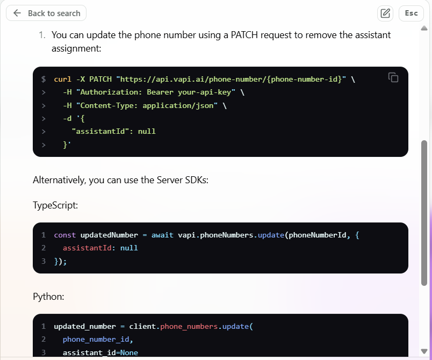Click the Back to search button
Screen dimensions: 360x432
[x=46, y=13]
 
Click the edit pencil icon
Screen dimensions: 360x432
[x=385, y=13]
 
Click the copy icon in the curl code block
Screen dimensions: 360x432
[x=393, y=77]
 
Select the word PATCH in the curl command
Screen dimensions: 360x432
[x=100, y=80]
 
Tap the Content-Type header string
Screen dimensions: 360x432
[x=146, y=105]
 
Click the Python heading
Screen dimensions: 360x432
[x=49, y=297]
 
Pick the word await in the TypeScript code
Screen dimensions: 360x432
[x=162, y=235]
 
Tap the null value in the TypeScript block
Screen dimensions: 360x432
[x=129, y=248]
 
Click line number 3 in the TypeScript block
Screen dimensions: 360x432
[x=44, y=261]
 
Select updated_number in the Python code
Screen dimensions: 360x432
[x=85, y=326]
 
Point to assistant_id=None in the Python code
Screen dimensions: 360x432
[x=100, y=352]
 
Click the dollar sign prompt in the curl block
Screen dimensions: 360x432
[x=44, y=80]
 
